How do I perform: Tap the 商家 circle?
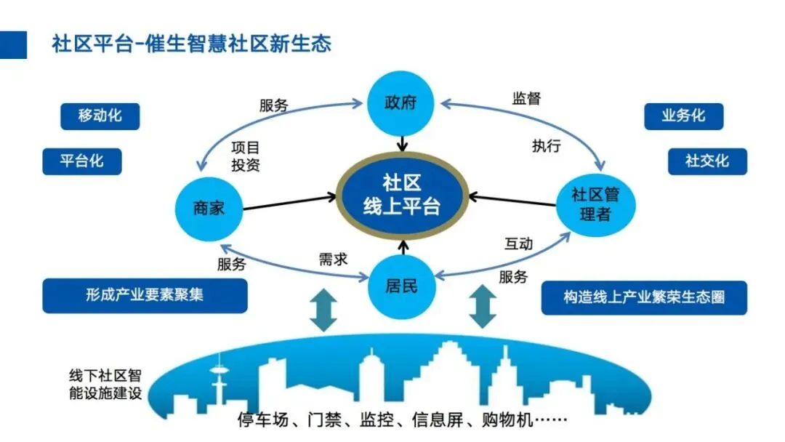tap(209, 209)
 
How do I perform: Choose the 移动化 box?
tap(100, 116)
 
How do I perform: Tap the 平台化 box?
tap(81, 161)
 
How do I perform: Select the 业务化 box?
tap(683, 116)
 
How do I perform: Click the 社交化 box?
tap(706, 161)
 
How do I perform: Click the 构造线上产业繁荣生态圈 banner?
tap(644, 297)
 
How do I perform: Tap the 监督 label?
tap(526, 99)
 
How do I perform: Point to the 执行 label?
tap(546, 145)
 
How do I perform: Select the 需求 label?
tap(333, 259)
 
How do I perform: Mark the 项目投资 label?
tap(245, 156)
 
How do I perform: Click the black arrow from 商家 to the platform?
tap(291, 202)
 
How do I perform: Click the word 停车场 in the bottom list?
tap(261, 419)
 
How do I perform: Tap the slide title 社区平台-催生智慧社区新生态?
tap(191, 44)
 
